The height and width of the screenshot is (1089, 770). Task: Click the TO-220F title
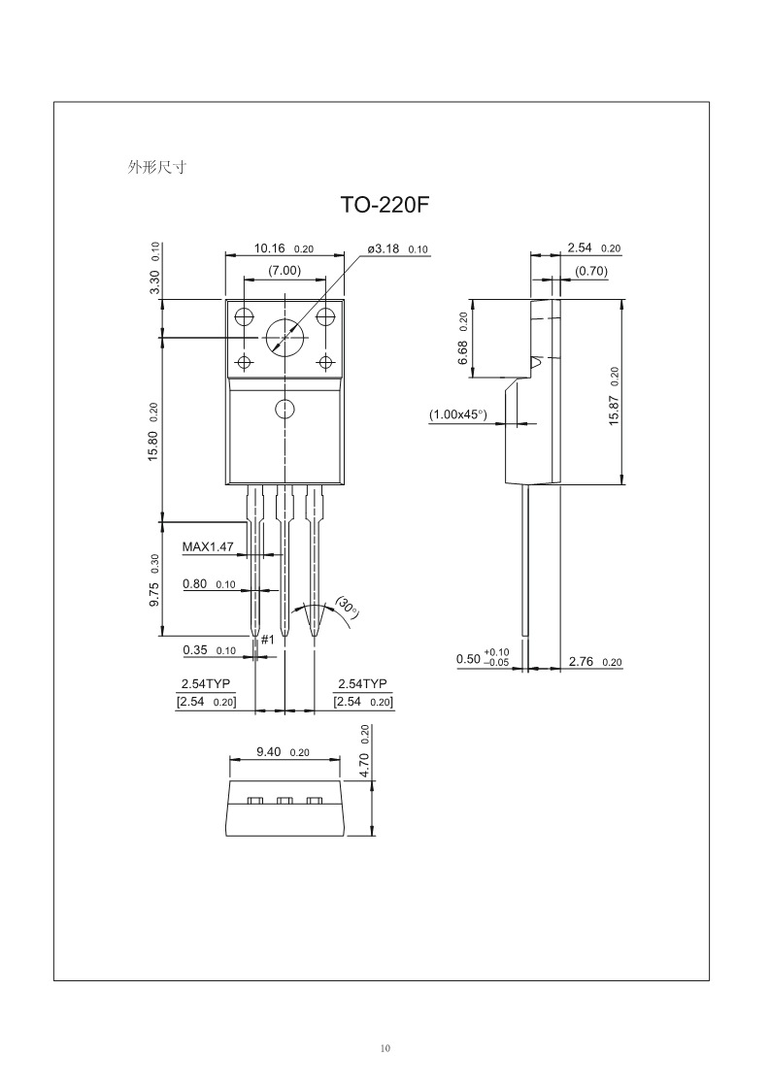point(385,206)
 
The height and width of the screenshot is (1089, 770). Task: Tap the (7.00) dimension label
point(284,270)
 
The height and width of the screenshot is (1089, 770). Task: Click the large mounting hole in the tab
point(284,337)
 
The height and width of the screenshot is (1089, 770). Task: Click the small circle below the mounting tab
point(284,408)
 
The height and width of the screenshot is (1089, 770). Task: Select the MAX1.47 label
point(207,546)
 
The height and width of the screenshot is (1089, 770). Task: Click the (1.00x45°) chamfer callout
point(457,414)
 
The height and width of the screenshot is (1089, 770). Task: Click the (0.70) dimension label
point(590,272)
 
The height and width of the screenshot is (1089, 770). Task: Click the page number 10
point(385,1048)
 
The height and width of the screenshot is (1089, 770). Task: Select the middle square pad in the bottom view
point(285,801)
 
